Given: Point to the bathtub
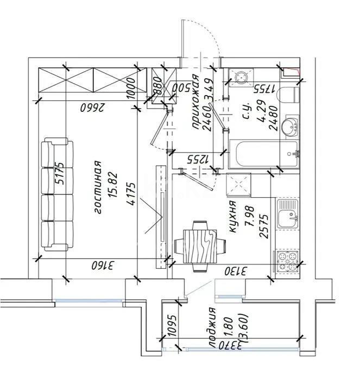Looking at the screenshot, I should (262, 154).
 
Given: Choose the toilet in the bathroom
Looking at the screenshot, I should (287, 96).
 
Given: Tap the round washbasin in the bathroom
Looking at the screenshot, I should (291, 126).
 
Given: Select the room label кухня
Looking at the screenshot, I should (232, 217).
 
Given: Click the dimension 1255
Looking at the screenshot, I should (199, 160).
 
